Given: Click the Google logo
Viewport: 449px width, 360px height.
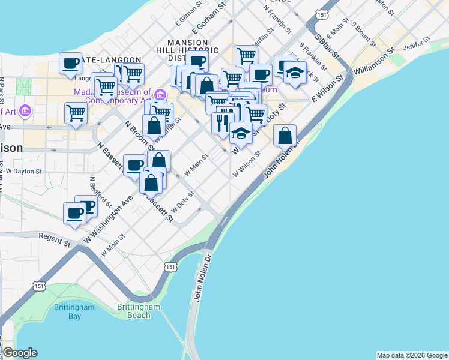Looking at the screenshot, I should tap(20, 353).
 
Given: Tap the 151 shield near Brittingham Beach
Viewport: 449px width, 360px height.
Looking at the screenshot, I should tap(171, 266).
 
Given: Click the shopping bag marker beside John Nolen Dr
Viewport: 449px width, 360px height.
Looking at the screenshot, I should tap(285, 136).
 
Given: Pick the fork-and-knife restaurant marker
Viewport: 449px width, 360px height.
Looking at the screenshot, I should tap(222, 122).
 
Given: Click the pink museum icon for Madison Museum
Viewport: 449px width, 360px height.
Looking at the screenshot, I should tap(160, 94).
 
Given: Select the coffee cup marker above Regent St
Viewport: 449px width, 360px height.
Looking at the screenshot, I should tap(75, 213).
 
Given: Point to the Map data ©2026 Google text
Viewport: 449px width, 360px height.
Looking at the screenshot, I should tap(412, 355).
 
